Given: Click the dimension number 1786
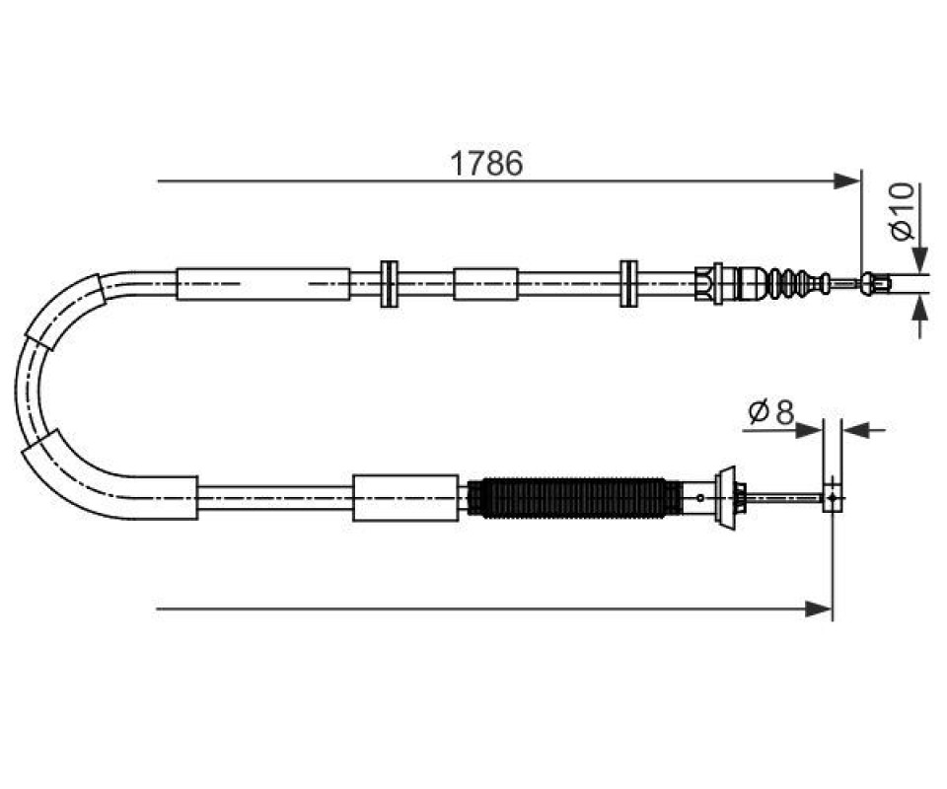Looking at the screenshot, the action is [x=486, y=163].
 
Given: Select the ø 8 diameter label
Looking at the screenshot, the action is [x=770, y=412].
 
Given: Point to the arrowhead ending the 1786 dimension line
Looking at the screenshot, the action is [x=846, y=180].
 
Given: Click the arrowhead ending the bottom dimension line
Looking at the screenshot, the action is [x=819, y=610].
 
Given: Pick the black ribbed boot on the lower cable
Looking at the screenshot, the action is [x=574, y=498].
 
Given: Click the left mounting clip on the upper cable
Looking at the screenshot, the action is [x=390, y=284].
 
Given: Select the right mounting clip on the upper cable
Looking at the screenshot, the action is [x=628, y=284].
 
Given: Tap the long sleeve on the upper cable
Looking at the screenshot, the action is [x=262, y=284].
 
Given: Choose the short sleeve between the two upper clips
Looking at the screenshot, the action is [x=485, y=284].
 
